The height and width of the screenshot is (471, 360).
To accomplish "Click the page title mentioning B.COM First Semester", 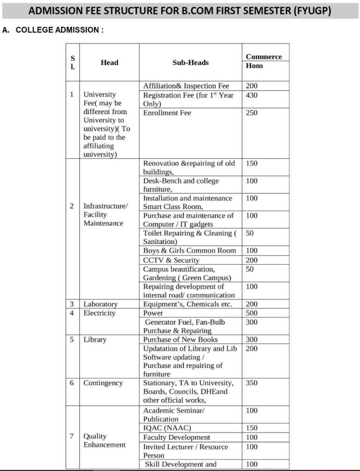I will click(x=180, y=10).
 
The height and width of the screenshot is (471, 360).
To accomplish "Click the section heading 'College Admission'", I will click(x=52, y=29).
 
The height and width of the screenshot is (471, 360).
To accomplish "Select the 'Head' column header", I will click(x=109, y=63).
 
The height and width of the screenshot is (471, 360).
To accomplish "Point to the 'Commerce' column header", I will click(x=264, y=57).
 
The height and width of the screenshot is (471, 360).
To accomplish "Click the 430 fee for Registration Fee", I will click(x=252, y=95).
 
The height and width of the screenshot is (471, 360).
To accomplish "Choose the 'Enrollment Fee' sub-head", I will click(x=167, y=113).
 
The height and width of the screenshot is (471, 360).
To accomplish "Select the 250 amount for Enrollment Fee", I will click(x=252, y=113).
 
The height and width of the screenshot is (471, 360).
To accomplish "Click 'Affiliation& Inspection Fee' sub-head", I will click(x=186, y=86).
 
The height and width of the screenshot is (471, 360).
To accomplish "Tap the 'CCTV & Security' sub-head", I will click(x=171, y=260).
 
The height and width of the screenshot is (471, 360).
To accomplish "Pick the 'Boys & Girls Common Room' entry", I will click(x=190, y=251).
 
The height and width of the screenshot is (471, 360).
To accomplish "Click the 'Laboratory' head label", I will click(x=101, y=304).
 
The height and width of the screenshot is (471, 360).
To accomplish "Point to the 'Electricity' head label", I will click(x=99, y=313).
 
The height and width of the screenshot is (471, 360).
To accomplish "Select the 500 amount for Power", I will click(x=252, y=313).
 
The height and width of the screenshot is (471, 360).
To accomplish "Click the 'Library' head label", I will click(x=95, y=339).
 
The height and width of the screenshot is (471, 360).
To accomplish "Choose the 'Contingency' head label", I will click(x=103, y=383).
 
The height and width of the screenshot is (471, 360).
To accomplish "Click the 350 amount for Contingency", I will click(x=252, y=383).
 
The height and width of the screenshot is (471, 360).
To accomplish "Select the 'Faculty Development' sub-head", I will click(x=176, y=437).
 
